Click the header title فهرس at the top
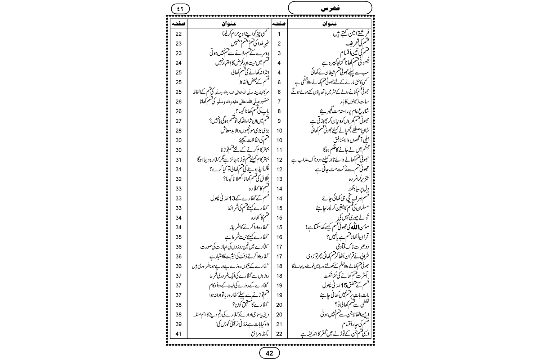pos(330,8)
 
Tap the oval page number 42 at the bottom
pos(269,353)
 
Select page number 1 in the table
pos(279,34)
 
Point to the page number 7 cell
pos(279,102)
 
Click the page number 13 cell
pos(279,179)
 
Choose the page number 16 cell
pos(279,237)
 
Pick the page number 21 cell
pos(279,324)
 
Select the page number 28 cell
pos(179,131)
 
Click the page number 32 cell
pos(179,179)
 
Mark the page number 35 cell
pos(179,237)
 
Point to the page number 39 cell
pos(179,324)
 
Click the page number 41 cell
pos(179,334)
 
